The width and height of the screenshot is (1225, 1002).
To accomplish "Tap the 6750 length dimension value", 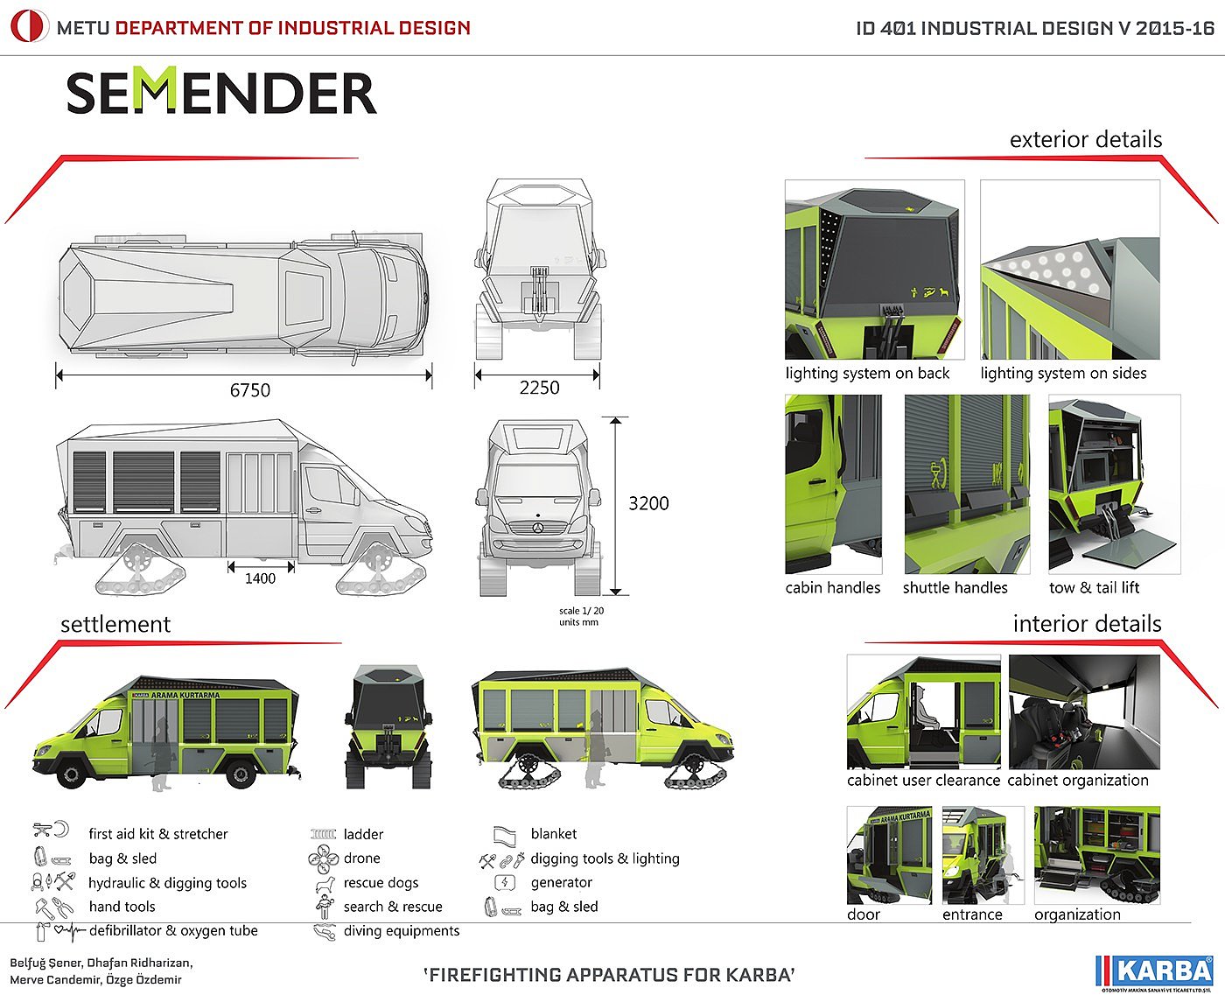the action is point(250,390).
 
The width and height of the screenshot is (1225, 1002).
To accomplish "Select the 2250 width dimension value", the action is point(539,388).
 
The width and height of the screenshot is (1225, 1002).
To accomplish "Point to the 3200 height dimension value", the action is point(648,503).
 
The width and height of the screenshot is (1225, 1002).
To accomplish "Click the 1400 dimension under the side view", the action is point(260,578).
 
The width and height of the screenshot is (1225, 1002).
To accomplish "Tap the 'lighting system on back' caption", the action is point(867,374).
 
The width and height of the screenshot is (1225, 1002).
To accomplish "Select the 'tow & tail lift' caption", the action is point(1094,588).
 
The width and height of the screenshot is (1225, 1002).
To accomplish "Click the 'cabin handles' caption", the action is point(833,588).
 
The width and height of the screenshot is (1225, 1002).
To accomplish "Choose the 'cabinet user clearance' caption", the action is point(923,781).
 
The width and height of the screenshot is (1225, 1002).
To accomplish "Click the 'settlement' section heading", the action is point(115,625).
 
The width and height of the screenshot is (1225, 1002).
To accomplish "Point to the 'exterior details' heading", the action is point(1086,140).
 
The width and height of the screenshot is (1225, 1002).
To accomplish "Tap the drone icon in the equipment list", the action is point(323,858).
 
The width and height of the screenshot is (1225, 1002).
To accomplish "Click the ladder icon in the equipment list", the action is point(323,835).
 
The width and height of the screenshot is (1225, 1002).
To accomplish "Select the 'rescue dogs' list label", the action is point(381,883).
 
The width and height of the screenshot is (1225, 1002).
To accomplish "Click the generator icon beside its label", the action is point(505,883).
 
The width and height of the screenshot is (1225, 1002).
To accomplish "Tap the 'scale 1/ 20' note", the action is point(581,611).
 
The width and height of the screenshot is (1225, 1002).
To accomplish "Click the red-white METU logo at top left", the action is point(28,27).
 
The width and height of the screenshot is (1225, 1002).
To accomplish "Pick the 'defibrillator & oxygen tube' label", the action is point(173,931).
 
